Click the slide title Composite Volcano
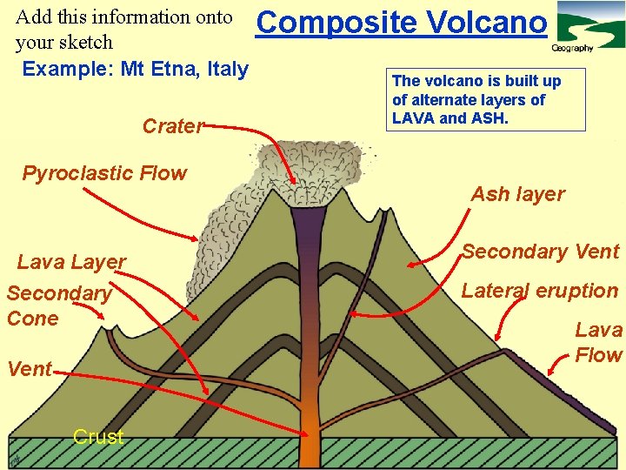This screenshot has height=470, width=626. pos(403,22)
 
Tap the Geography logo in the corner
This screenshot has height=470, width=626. pos(587,27)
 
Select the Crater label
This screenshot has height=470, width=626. pos(172,126)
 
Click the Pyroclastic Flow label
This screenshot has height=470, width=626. pos(104,173)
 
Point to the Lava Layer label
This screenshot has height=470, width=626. pos(71,261)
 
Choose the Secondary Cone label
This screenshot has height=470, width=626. pos(58,305)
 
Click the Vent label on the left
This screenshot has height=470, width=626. pos(29,369)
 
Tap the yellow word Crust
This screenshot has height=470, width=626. pos(98,437)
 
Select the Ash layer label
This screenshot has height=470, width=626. pos(517,194)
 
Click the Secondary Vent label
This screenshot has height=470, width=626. pos(540,252)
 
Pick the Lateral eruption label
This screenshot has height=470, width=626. pos(539,291)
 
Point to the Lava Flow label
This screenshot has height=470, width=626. pos(598,342)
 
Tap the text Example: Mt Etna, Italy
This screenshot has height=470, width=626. pos(135,69)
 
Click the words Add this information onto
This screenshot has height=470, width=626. pos(124,17)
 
